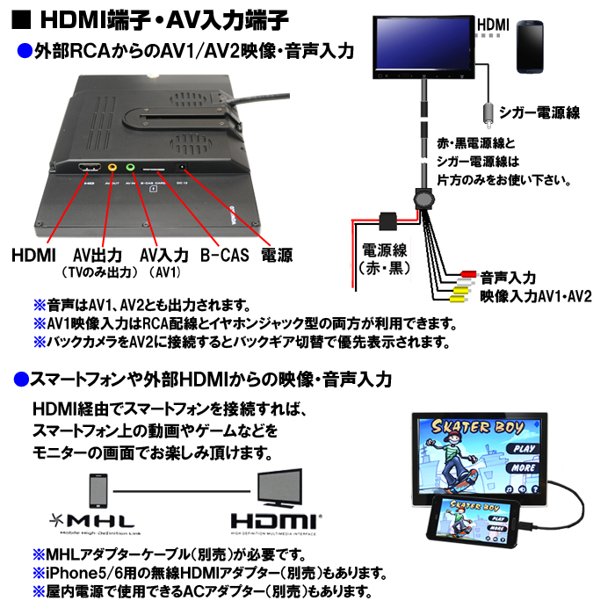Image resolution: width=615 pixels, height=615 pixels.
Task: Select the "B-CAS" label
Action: pyautogui.click(x=225, y=255)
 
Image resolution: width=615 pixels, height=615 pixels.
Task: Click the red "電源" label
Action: pyautogui.click(x=277, y=255)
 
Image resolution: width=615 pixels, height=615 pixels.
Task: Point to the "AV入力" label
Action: pyautogui.click(x=164, y=255)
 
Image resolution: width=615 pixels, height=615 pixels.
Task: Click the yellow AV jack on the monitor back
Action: pyautogui.click(x=112, y=168)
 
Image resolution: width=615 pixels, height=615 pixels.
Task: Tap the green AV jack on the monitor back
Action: pyautogui.click(x=130, y=167)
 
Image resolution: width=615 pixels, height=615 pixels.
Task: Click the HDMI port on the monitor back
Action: pyautogui.click(x=87, y=168)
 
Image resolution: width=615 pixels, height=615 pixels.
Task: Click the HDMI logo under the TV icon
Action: pyautogui.click(x=276, y=519)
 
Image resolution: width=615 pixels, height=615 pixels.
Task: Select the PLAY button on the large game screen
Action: pyautogui.click(x=525, y=449)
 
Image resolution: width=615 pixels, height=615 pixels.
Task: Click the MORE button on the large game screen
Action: pyautogui.click(x=525, y=468)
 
